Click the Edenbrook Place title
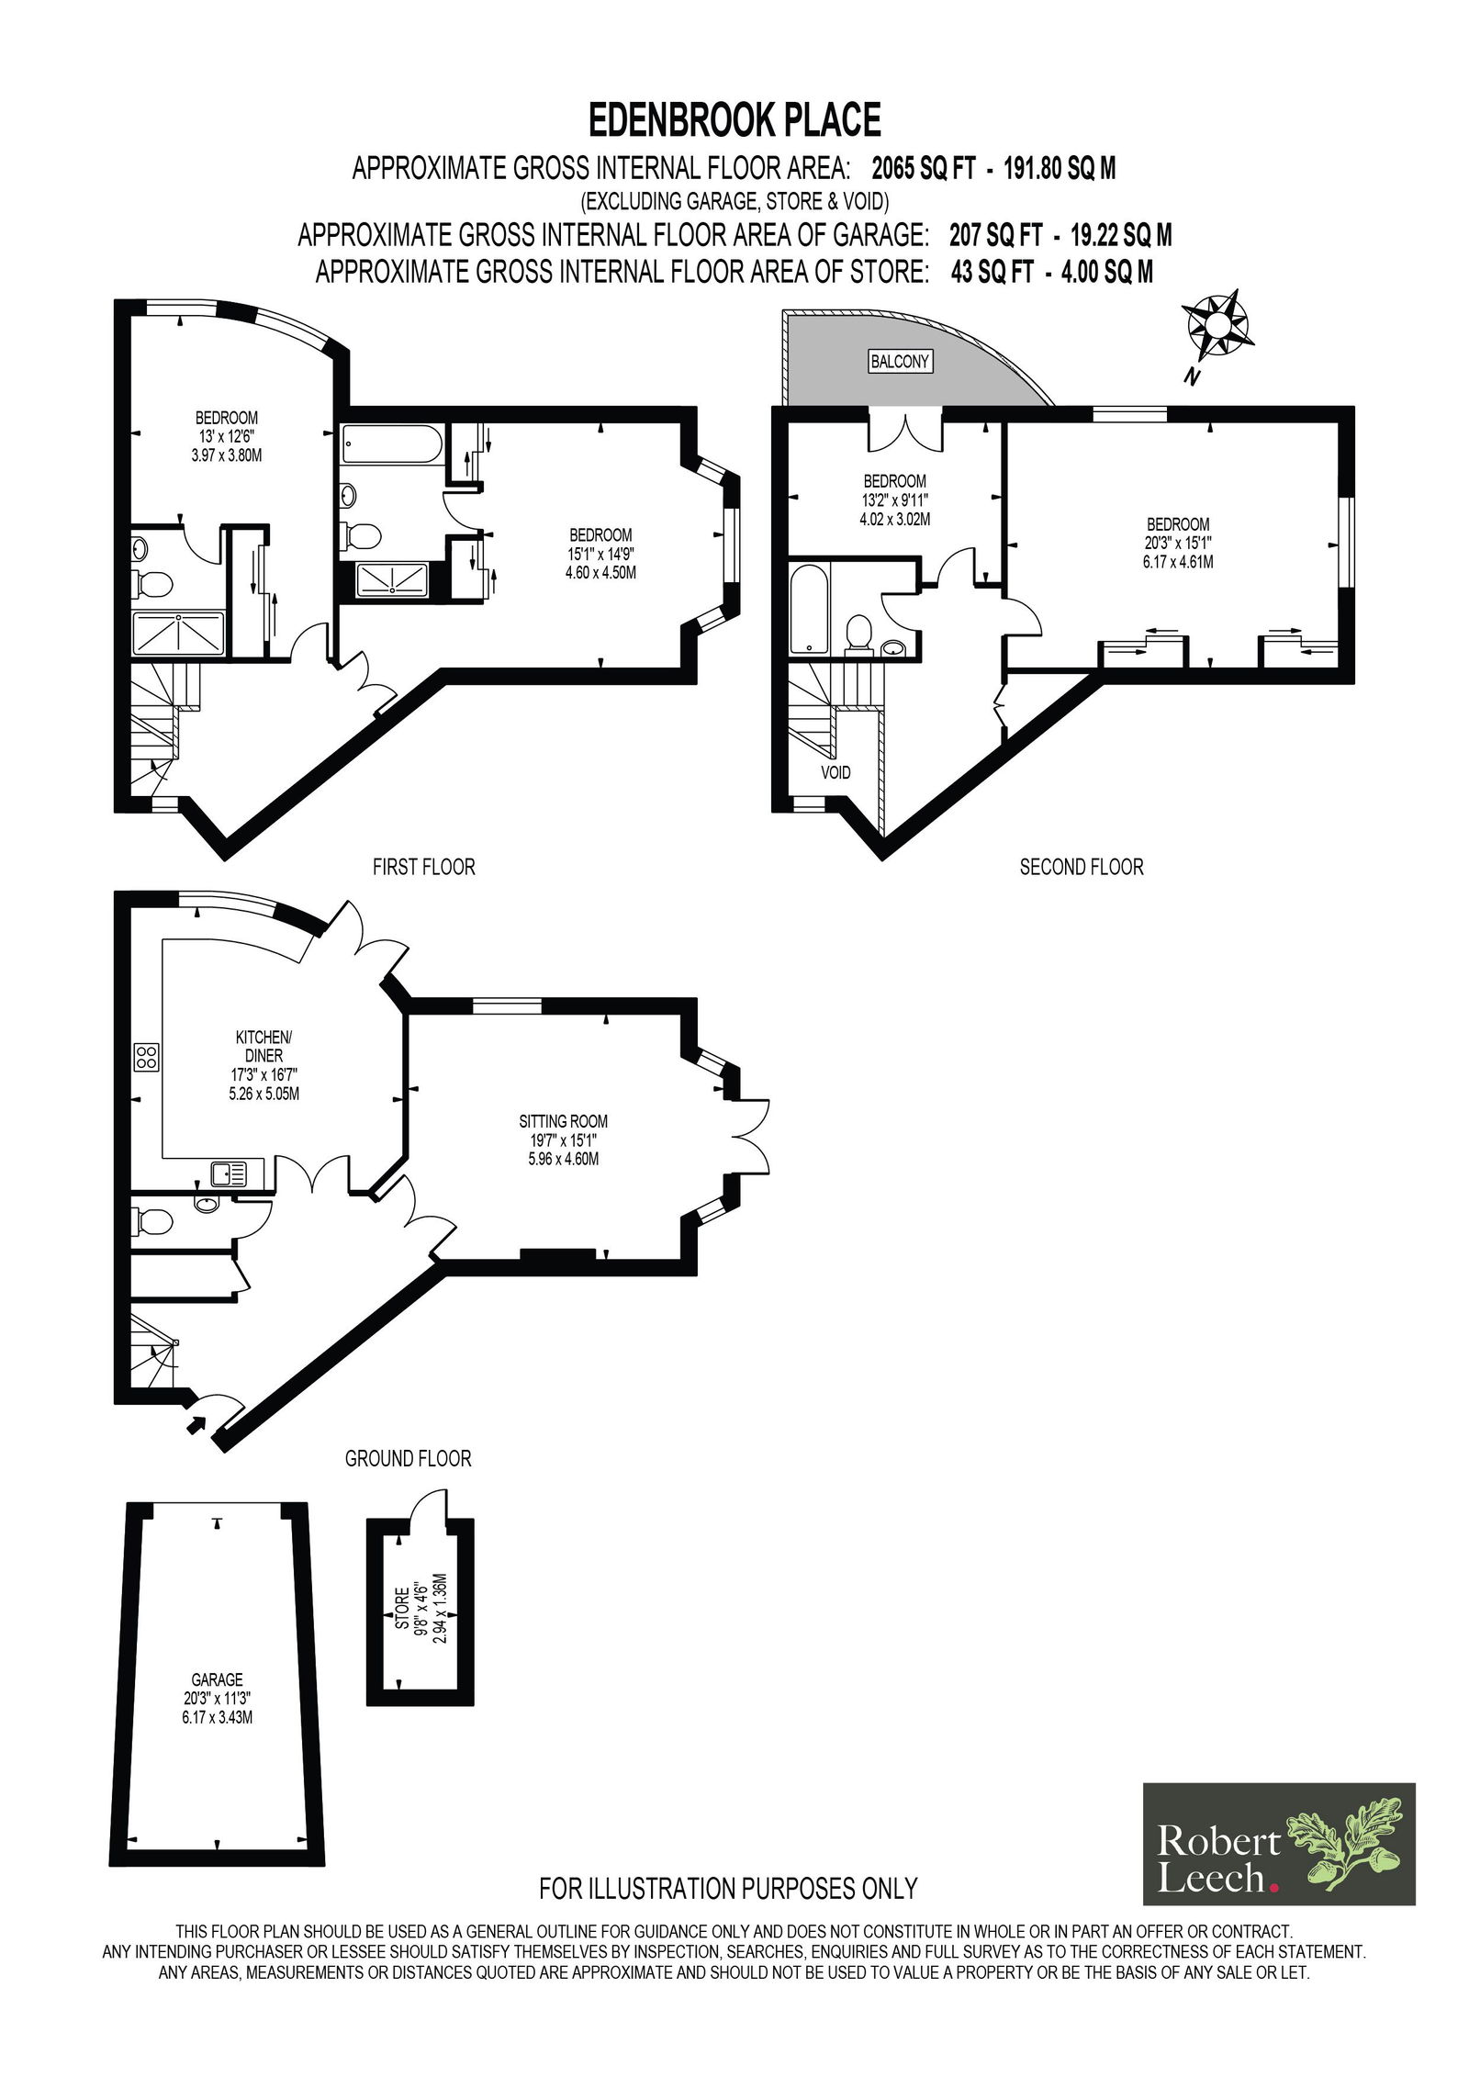point(734,120)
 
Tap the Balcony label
point(900,361)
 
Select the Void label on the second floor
point(835,772)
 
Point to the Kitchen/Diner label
point(264,1046)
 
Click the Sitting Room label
point(563,1121)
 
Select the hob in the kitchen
point(147,1057)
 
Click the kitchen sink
point(230,1173)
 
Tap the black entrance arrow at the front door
point(196,1424)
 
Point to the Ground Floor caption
point(408,1458)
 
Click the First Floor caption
point(423,867)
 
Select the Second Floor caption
point(1082,867)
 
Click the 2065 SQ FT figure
point(923,169)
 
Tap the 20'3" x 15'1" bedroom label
point(1178,543)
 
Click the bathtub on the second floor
point(809,608)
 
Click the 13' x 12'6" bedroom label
point(227,436)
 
